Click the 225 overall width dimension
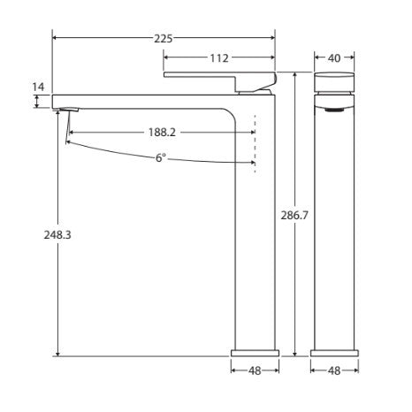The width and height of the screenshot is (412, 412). pyautogui.click(x=164, y=38)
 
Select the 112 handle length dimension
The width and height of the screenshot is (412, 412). pyautogui.click(x=219, y=58)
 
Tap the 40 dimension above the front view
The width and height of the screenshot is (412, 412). pyautogui.click(x=334, y=58)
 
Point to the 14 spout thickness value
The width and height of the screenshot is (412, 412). pyautogui.click(x=37, y=87)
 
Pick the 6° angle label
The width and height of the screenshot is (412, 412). pyautogui.click(x=159, y=157)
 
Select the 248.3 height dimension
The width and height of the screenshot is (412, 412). pyautogui.click(x=37, y=236)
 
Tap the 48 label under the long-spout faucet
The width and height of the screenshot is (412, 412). pyautogui.click(x=253, y=370)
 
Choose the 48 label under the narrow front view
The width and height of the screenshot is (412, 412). pyautogui.click(x=334, y=370)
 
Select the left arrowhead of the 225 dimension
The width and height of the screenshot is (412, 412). pyautogui.click(x=57, y=38)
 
